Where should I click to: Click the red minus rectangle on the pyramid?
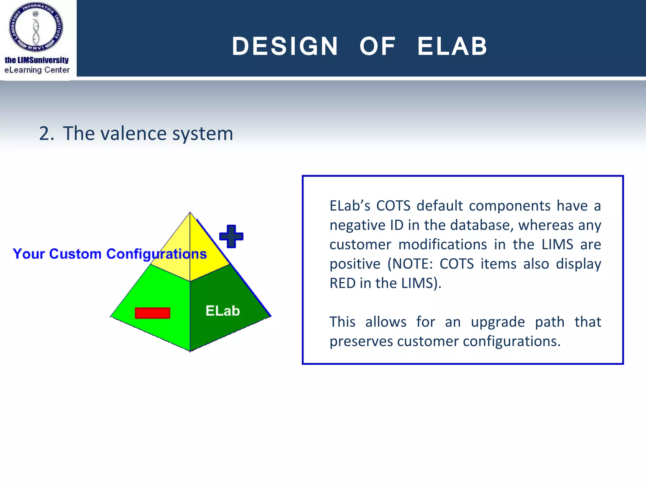coord(152,313)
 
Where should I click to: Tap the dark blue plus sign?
coord(231,236)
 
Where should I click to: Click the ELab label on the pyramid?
coord(223,311)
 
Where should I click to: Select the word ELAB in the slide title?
coord(452,46)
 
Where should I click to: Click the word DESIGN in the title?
coord(285,46)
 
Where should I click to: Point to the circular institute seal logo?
coord(36,27)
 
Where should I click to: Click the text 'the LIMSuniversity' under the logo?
coord(37,60)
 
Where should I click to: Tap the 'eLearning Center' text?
coord(37,70)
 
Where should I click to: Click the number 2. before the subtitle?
coord(46,134)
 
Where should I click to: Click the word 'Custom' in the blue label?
coord(75,254)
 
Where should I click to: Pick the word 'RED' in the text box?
coord(342,283)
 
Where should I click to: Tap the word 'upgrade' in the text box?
coord(498,322)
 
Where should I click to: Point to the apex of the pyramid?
coord(190,212)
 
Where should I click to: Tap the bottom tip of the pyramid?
coord(190,351)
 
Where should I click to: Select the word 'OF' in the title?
coord(378,46)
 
